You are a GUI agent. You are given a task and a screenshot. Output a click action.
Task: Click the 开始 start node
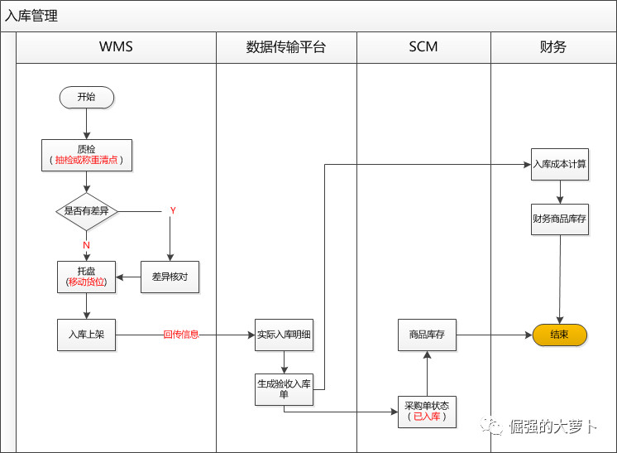pyautogui.click(x=86, y=97)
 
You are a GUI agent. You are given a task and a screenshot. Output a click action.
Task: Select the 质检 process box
pyautogui.click(x=86, y=155)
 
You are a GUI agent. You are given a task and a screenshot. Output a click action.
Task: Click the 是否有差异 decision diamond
pyautogui.click(x=86, y=211)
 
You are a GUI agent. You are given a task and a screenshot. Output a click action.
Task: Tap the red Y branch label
pyautogui.click(x=173, y=210)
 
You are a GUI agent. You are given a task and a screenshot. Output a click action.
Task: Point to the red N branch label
pyautogui.click(x=86, y=245)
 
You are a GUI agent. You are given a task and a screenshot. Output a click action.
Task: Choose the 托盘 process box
pyautogui.click(x=86, y=277)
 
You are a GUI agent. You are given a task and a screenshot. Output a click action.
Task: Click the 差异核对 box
pyautogui.click(x=170, y=277)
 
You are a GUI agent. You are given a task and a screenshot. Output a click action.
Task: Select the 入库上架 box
pyautogui.click(x=86, y=335)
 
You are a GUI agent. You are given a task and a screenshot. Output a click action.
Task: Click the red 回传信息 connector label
pyautogui.click(x=181, y=335)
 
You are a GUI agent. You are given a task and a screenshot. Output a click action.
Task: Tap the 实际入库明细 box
pyautogui.click(x=284, y=335)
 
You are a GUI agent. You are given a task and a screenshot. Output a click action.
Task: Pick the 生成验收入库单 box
pyautogui.click(x=284, y=389)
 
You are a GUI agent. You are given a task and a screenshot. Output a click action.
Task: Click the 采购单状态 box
pyautogui.click(x=427, y=411)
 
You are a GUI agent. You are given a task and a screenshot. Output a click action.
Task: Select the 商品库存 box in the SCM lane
pyautogui.click(x=427, y=335)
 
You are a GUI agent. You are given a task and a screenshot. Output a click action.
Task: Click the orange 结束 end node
pyautogui.click(x=559, y=335)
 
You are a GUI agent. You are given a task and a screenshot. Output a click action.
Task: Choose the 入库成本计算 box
pyautogui.click(x=559, y=164)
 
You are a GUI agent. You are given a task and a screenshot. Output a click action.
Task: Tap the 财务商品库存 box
pyautogui.click(x=559, y=219)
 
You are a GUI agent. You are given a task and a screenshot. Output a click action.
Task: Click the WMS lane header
pyautogui.click(x=116, y=47)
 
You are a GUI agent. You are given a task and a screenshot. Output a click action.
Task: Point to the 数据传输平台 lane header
pyautogui.click(x=286, y=47)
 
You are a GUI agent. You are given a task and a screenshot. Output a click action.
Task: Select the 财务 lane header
pyautogui.click(x=552, y=47)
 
